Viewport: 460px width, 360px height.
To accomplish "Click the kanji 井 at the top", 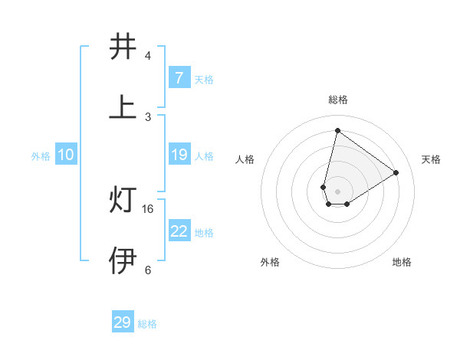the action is coord(123,47).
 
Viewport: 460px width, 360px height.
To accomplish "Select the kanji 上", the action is coord(123,108).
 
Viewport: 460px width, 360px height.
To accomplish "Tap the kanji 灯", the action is coord(123,201).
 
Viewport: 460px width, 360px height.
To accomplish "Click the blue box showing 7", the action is coord(179,78).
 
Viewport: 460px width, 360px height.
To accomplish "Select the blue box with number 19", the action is coord(179,155).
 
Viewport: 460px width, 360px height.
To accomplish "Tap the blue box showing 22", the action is coord(179,231).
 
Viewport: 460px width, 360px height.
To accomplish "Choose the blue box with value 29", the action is coord(123,322).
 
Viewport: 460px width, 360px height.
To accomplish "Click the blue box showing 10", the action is coord(66,155).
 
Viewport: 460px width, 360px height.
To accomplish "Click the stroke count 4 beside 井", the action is coord(148,56).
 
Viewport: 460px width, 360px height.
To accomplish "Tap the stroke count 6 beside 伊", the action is coord(148,270).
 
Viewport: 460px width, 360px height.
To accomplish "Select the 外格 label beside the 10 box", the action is coord(41,156).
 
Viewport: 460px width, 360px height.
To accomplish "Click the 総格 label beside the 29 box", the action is coord(147,324).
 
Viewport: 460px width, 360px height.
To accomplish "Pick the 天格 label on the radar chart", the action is coord(432,159).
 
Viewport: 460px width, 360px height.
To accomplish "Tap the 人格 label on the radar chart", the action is coord(245,159).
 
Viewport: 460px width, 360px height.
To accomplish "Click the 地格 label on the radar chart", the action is coord(402,262).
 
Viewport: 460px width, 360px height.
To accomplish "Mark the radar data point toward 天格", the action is coord(396,172).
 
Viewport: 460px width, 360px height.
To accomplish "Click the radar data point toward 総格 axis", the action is coord(337,130).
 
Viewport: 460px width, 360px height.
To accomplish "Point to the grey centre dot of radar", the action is coord(337,191).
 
